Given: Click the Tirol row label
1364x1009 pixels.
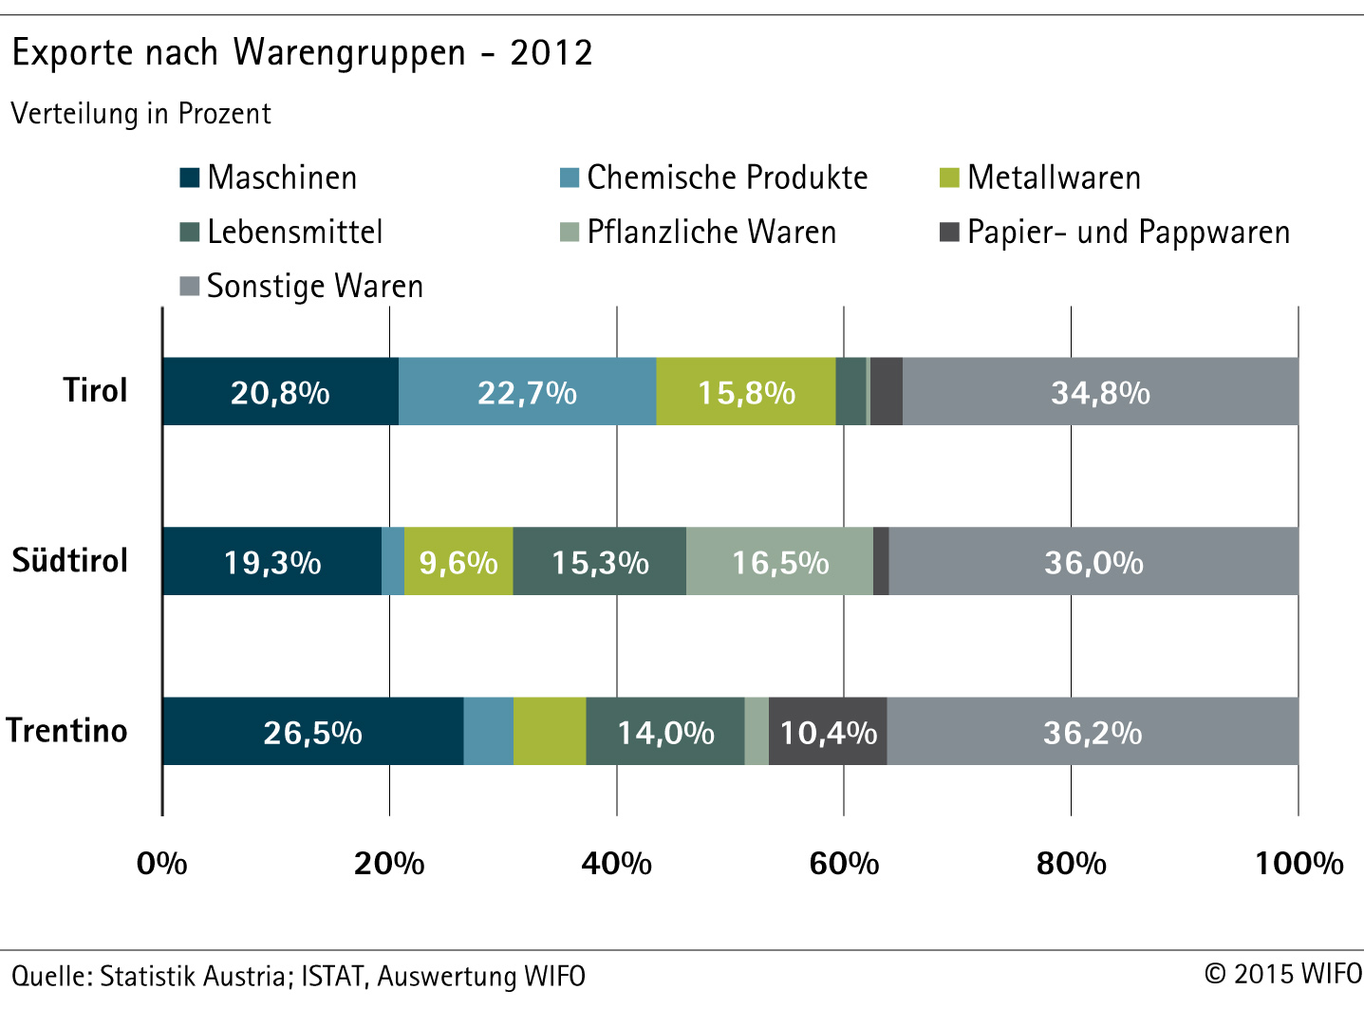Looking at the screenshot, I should pos(95,390).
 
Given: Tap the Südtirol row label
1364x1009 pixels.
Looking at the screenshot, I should pos(70,560).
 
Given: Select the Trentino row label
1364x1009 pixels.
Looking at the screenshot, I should pos(66,730).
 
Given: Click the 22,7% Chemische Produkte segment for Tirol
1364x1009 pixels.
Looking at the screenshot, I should pos(527,392).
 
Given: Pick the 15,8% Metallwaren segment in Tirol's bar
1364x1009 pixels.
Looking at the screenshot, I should pos(746,392).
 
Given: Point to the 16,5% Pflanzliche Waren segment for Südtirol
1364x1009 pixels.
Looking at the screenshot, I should pos(779,562).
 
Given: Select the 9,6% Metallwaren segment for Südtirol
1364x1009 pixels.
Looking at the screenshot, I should pos(458,562).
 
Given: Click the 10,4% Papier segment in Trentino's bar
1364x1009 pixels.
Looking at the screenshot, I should pos(828,732).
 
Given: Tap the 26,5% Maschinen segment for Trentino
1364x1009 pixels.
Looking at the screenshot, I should pos(312,732).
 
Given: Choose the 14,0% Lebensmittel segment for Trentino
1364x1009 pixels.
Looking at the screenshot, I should pos(665,732).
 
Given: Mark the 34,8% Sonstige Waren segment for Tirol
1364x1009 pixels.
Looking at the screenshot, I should pos(1100,392).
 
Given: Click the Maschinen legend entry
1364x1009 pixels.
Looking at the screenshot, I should pos(269,178).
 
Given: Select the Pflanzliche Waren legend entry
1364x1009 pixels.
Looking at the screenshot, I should pos(699,233).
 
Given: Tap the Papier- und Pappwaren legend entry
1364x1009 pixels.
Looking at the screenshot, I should pos(1115,233).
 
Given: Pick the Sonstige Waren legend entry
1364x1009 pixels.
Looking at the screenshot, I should pos(302,287).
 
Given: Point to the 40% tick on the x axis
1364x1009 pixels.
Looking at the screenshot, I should pos(616,863).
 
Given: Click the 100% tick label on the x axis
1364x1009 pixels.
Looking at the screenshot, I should pos(1299,863).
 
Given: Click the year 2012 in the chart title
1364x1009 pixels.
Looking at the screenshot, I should pos(551,52).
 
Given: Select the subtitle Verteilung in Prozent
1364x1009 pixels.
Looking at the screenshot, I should pos(141,114).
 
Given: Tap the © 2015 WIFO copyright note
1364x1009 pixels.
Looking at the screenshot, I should pos(1282,974).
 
